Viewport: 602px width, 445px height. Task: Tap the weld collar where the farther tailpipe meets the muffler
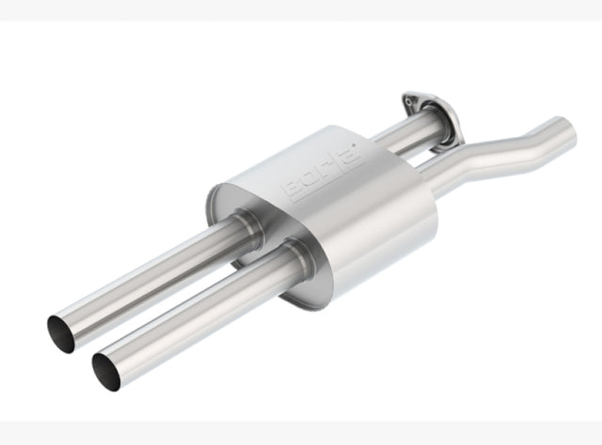coord(247,225)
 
